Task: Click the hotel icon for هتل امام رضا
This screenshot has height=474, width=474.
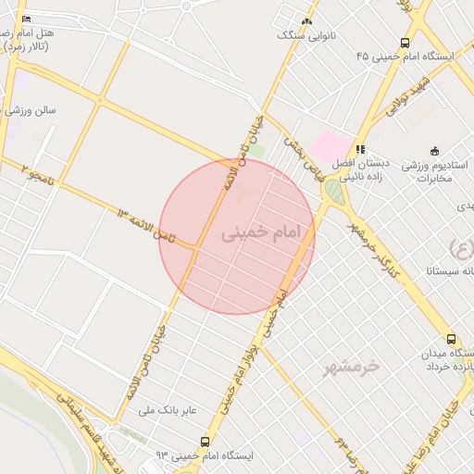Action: [x=25, y=18]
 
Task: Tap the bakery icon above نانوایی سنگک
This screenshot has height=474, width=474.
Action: [x=307, y=20]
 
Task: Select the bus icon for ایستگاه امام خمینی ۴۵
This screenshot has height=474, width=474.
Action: [x=405, y=43]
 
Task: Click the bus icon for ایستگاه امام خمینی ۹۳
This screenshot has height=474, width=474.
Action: [x=205, y=442]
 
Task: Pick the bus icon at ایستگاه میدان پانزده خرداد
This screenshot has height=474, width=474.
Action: [x=451, y=340]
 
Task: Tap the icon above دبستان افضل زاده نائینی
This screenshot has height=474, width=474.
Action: [x=360, y=148]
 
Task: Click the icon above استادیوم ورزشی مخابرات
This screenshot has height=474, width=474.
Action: [x=433, y=151]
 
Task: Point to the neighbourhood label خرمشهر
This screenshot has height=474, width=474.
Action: [x=352, y=368]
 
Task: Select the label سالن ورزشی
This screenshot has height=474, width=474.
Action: [x=30, y=110]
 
